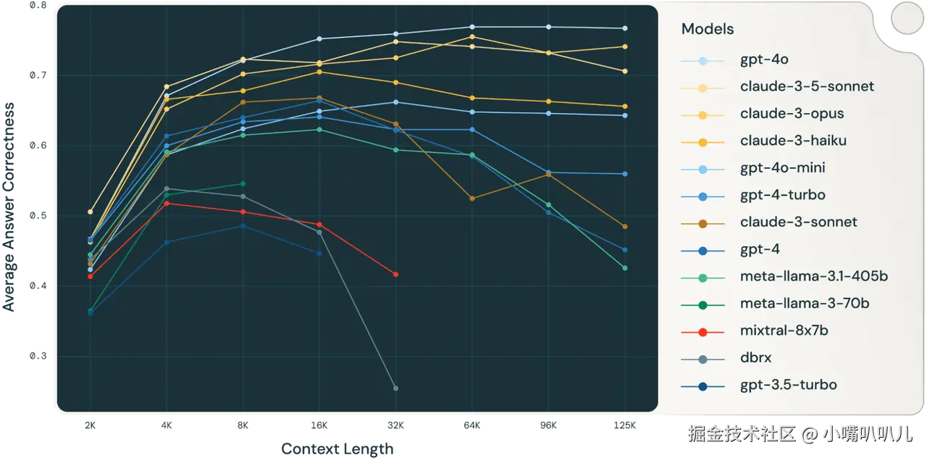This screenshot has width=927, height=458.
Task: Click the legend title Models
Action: point(708,29)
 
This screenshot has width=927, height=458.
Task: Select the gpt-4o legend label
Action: point(764,60)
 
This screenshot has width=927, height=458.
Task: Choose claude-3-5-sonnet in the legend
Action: point(807,86)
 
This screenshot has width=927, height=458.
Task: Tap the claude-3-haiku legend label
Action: point(793,141)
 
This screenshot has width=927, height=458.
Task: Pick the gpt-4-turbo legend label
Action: point(782,195)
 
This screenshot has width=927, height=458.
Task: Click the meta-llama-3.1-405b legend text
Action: point(814,276)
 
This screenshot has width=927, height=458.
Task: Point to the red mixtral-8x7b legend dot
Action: point(702,331)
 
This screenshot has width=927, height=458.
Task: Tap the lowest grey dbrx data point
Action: point(395,388)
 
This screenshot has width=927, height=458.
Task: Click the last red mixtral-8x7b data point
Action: point(395,274)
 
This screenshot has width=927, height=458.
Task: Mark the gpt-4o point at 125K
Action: point(624,28)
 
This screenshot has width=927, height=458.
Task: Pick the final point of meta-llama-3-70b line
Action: point(243,183)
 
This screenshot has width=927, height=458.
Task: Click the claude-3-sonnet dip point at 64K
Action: point(472,198)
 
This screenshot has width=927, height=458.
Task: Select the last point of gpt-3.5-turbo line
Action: point(319,253)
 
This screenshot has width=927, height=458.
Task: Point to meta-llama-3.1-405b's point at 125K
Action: point(624,268)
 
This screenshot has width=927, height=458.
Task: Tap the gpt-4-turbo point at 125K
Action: point(624,174)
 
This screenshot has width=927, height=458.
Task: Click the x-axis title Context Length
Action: point(337,449)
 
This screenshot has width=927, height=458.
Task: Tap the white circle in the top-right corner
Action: point(905,17)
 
